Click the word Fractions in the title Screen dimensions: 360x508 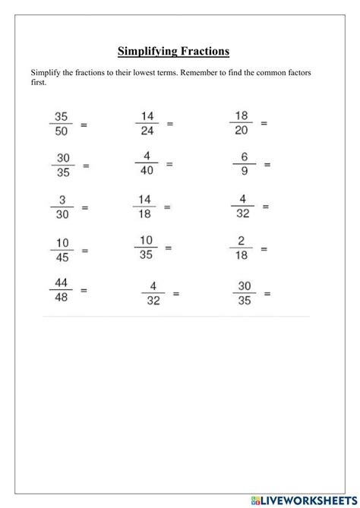click(x=201, y=52)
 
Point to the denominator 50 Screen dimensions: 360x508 click(x=62, y=131)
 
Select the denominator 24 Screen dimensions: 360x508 click(x=147, y=131)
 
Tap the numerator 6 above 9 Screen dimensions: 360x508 click(x=245, y=156)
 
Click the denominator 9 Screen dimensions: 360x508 click(x=245, y=171)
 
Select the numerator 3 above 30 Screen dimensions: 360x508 click(x=62, y=200)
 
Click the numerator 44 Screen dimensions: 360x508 click(x=61, y=282)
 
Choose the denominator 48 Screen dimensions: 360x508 click(x=61, y=297)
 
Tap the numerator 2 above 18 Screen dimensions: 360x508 click(x=241, y=241)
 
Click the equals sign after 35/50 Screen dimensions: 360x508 click(x=84, y=125)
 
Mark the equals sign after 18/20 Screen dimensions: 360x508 click(x=264, y=122)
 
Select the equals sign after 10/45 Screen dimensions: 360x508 click(x=84, y=249)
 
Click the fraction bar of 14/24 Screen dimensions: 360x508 click(x=147, y=124)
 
